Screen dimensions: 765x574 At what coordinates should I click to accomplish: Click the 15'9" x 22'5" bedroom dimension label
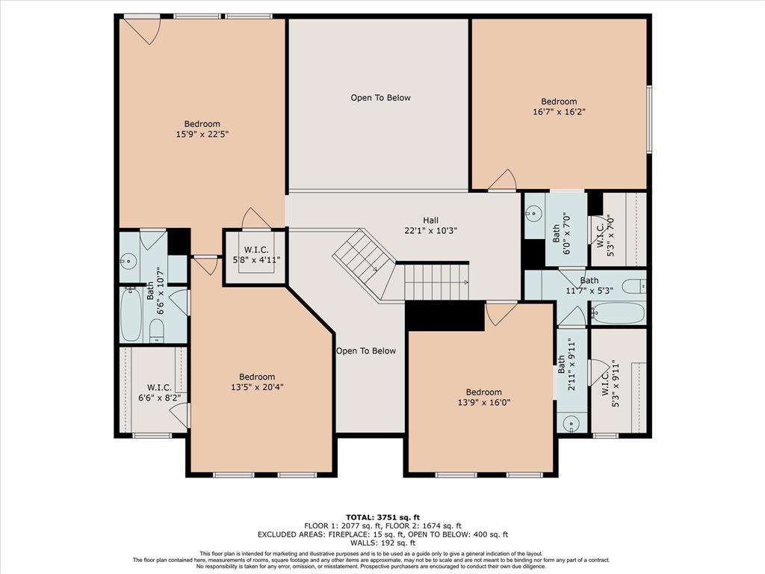[202, 134]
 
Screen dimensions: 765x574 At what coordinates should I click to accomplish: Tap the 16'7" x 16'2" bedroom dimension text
[559, 112]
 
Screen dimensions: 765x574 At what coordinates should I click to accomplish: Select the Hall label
[430, 220]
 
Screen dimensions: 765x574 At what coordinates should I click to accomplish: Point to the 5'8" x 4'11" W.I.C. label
[256, 259]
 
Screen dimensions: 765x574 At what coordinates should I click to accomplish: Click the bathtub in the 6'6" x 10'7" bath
[131, 314]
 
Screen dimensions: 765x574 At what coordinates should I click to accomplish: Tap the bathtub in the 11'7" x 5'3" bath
[619, 313]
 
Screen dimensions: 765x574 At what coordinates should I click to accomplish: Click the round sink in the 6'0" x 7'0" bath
[533, 213]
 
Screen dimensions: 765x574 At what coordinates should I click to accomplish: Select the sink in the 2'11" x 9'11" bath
[572, 423]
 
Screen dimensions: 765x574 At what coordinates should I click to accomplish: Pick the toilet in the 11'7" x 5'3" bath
[634, 286]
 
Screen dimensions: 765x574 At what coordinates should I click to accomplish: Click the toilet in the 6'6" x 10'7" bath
[156, 330]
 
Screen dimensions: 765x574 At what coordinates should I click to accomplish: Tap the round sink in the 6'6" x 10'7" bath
[128, 261]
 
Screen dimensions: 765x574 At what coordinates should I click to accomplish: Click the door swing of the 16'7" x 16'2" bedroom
[503, 179]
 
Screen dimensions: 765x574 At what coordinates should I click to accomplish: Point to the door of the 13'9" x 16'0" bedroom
[501, 313]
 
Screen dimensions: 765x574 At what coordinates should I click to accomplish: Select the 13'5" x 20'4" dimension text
[257, 387]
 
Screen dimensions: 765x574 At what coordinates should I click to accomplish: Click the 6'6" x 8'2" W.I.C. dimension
[160, 398]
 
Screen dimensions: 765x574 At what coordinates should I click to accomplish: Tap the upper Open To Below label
[380, 98]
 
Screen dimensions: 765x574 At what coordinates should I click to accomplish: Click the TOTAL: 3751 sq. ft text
[382, 517]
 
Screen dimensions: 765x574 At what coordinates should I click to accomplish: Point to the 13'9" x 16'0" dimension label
[484, 402]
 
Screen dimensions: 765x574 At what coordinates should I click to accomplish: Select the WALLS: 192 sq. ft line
[382, 543]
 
